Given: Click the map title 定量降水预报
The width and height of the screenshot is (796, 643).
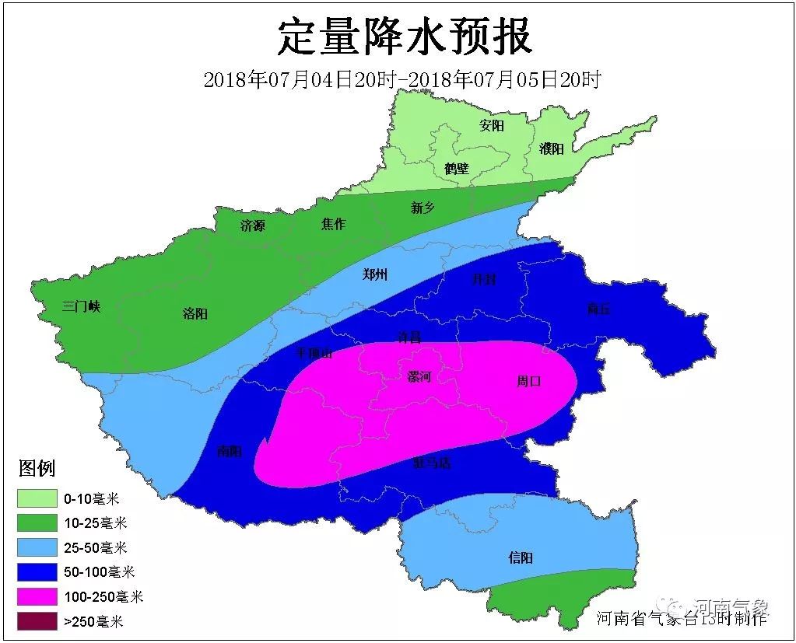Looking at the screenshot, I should pos(405,37).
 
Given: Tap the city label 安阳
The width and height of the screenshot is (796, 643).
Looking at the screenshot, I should pos(492,125).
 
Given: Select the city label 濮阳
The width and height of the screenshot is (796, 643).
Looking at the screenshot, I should pos(551,149).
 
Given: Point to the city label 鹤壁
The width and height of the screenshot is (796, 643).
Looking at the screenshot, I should pos(457,168).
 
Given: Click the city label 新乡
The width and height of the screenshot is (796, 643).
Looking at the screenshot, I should pos(423,208).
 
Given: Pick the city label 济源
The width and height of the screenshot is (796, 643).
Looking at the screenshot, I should pos(252,226).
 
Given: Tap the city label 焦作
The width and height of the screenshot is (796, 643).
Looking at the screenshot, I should pos(333,225).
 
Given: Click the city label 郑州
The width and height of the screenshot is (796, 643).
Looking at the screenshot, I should pos(375,274).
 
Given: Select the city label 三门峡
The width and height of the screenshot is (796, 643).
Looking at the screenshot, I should pos(82,306).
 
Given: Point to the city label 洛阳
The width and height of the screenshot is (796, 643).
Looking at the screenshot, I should pos(195,313).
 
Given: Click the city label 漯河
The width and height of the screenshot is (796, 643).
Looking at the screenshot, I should pos(419,376).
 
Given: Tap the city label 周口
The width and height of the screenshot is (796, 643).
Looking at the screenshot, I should pos(528,381).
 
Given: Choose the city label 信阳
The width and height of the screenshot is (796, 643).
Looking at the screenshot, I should pos(521,558).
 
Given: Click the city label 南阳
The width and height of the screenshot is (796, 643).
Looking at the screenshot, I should pos(230,451).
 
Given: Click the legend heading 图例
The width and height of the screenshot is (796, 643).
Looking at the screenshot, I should pos(37,468).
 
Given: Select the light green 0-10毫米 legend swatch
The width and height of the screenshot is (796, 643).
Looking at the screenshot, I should pos(37,498).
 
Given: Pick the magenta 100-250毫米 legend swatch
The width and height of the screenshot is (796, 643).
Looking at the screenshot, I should pos(37,596).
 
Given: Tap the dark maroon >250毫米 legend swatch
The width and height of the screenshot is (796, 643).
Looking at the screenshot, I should pos(37,621).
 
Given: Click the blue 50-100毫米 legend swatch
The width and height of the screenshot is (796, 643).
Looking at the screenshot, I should pos(37,572).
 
